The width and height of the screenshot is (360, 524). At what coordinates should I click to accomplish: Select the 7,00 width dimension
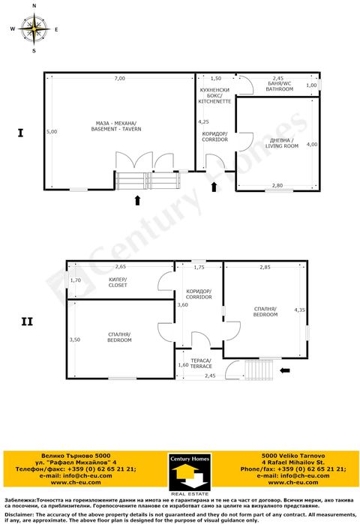[x=119, y=79]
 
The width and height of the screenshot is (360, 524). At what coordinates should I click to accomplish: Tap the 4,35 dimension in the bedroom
[x=300, y=310]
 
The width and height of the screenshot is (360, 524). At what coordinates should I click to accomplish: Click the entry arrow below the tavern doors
[x=136, y=199]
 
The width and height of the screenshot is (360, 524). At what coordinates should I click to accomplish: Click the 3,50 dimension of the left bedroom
[x=74, y=340]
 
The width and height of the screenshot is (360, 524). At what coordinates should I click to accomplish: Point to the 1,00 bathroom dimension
[x=312, y=85]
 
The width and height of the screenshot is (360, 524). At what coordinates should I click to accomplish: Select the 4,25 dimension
[x=203, y=121]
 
